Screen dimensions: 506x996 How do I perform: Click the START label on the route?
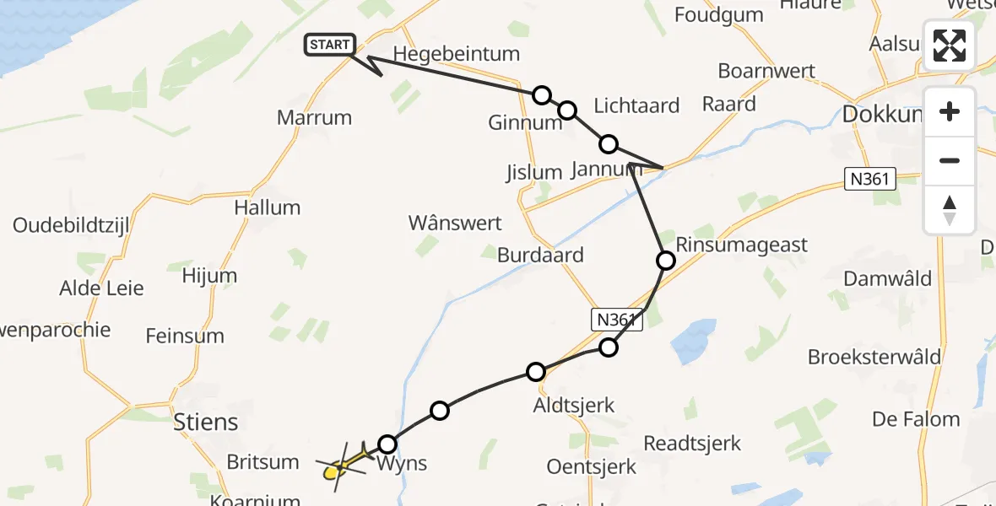329,45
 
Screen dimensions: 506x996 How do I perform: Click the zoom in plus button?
950,111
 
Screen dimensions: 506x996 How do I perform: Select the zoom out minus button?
950,160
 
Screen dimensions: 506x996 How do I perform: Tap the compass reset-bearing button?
950,210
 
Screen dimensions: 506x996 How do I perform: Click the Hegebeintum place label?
456,54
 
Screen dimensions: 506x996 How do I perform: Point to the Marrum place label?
314,117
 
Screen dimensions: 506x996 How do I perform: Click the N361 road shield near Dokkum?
869,177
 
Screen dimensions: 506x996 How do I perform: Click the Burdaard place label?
540,255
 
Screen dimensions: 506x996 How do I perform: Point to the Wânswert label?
455,223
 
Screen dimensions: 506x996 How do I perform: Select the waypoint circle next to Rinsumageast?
666,261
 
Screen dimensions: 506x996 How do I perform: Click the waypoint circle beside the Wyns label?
387,444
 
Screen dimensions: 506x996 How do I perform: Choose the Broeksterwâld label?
874,357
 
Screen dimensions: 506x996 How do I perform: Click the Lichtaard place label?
636,105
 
